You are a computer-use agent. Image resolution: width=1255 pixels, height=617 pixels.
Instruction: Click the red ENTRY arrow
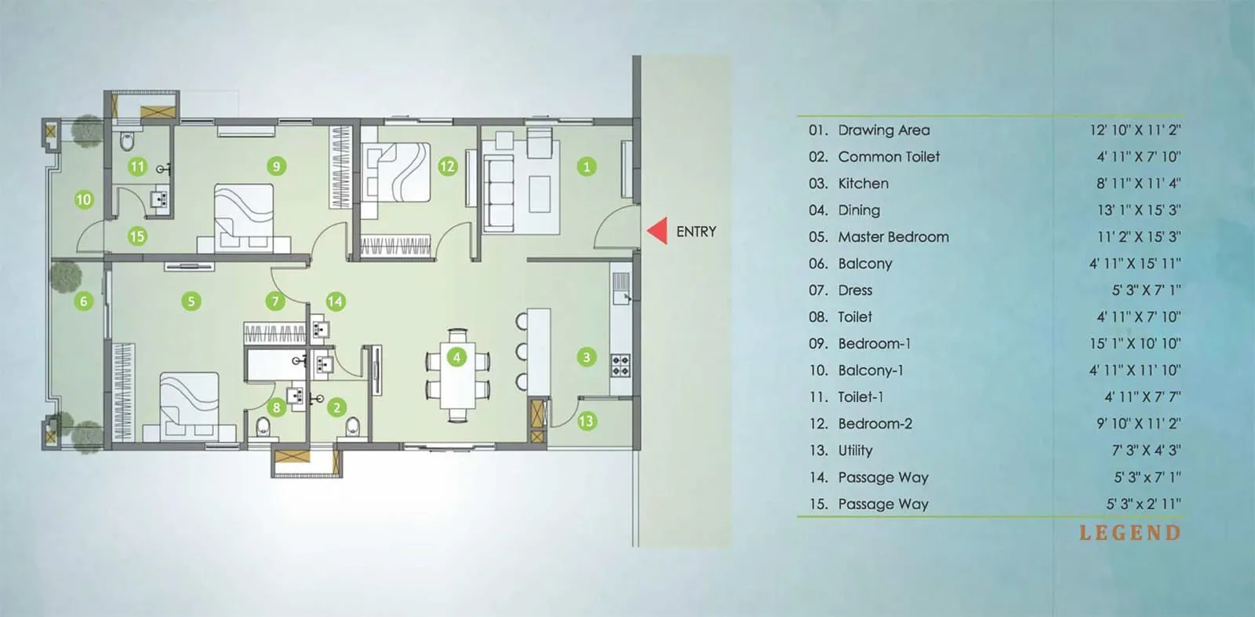[x=657, y=231]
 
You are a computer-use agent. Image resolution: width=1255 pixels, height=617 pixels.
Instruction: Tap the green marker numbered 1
[x=586, y=166]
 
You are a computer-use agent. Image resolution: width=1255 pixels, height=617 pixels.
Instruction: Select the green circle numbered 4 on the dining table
[x=457, y=357]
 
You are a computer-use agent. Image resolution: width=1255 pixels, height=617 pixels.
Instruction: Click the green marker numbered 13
[x=586, y=422]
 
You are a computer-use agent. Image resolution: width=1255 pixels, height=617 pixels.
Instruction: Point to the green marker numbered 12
[x=447, y=166]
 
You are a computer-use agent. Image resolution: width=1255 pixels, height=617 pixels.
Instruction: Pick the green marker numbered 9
[x=275, y=166]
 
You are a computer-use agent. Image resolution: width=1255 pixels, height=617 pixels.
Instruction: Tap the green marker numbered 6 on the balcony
[x=83, y=301]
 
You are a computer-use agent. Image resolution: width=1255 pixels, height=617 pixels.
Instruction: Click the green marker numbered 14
[x=335, y=301]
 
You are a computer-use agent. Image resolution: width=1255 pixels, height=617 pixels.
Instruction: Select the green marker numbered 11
[x=137, y=166]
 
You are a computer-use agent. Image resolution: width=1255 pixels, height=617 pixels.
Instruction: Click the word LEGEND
[x=1129, y=533]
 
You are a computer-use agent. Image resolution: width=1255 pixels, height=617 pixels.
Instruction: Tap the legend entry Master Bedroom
[x=893, y=237]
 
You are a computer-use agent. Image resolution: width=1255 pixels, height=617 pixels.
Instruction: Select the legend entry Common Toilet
[x=888, y=157]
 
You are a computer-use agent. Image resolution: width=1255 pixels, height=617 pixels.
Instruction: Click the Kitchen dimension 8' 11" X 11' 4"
[x=1138, y=184]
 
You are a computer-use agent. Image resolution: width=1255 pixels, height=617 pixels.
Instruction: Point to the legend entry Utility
[x=855, y=451]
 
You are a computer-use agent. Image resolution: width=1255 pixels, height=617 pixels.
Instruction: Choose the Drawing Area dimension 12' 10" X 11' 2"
[x=1134, y=130]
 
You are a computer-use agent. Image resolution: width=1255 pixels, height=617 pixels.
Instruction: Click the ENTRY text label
[x=696, y=232]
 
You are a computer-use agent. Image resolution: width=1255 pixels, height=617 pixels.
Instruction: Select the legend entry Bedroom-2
[x=875, y=424]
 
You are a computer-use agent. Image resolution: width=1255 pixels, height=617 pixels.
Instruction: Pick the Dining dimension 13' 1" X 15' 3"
[x=1138, y=210]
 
